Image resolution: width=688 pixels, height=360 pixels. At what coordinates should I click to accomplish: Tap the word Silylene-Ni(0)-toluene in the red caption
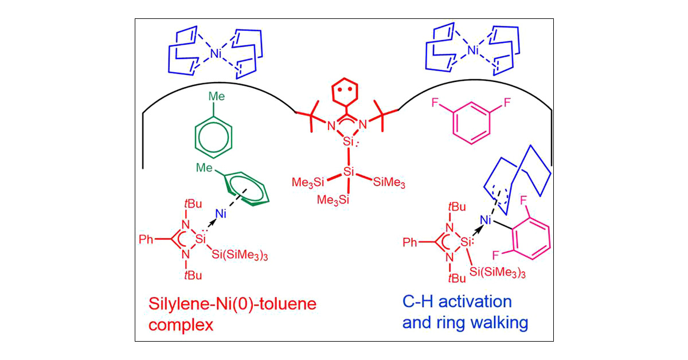232,304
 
